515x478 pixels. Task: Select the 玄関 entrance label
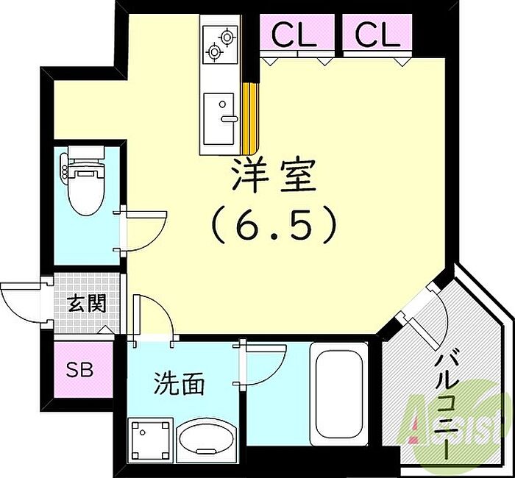coord(87,302)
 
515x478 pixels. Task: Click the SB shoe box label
coord(79,369)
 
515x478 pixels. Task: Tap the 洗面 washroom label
coord(180,383)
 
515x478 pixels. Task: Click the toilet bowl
coord(86,188)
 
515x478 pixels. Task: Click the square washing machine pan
coord(151,440)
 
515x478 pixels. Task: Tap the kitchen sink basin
coord(219,119)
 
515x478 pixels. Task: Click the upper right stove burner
coord(227,37)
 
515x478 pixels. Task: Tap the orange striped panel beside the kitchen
coord(250,118)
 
